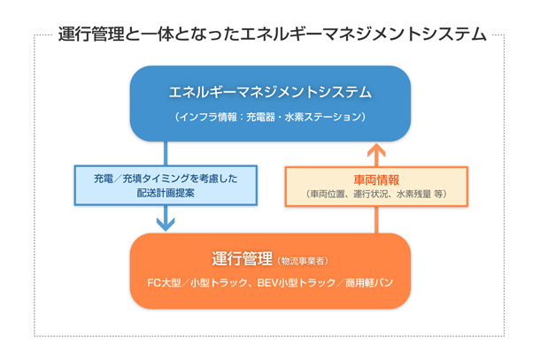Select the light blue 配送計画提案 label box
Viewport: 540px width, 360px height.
pyautogui.click(x=166, y=185)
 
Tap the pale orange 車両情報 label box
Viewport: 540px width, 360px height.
pyautogui.click(x=376, y=185)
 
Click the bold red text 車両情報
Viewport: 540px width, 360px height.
pyautogui.click(x=376, y=179)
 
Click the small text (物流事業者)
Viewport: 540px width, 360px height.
pyautogui.click(x=303, y=262)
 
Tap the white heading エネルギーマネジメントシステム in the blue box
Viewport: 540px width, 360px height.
pyautogui.click(x=270, y=93)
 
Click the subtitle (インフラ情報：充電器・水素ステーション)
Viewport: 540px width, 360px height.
pyautogui.click(x=270, y=117)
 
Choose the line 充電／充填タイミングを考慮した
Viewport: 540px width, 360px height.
pyautogui.click(x=166, y=178)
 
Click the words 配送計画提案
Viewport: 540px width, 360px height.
pyautogui.click(x=166, y=193)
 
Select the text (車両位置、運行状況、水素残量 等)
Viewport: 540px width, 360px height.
pyautogui.click(x=376, y=194)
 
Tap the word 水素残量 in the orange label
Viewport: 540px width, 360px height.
pyautogui.click(x=415, y=194)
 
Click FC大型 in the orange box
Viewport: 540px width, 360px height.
pyautogui.click(x=164, y=283)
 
